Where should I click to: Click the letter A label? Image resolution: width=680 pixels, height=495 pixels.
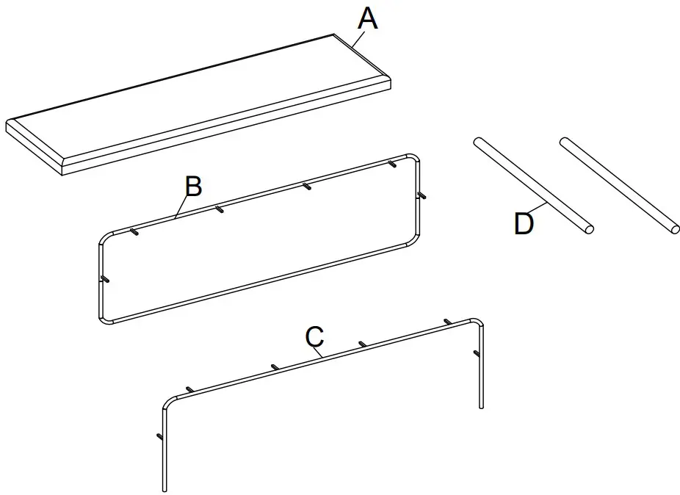[x=367, y=18]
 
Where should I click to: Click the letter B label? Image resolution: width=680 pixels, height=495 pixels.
[x=192, y=187]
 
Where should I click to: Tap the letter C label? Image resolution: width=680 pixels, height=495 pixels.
[x=314, y=337]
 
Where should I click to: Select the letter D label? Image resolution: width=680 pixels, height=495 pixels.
[x=524, y=224]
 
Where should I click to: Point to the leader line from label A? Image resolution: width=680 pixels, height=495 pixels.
[x=355, y=40]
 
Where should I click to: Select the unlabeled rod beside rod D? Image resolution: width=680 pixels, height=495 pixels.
[x=618, y=184]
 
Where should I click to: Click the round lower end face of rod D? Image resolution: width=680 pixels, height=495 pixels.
[x=588, y=228]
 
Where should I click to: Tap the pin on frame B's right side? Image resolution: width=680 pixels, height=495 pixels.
[x=422, y=195]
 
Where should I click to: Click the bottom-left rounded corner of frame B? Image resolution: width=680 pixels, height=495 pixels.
[x=104, y=319]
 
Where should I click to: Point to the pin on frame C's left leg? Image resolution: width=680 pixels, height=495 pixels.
[x=159, y=437]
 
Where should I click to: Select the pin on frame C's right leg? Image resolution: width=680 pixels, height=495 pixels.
[x=477, y=354]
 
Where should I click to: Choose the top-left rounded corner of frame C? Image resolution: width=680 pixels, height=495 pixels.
[x=167, y=403]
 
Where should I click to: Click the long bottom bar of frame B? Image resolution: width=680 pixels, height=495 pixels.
[x=257, y=283]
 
